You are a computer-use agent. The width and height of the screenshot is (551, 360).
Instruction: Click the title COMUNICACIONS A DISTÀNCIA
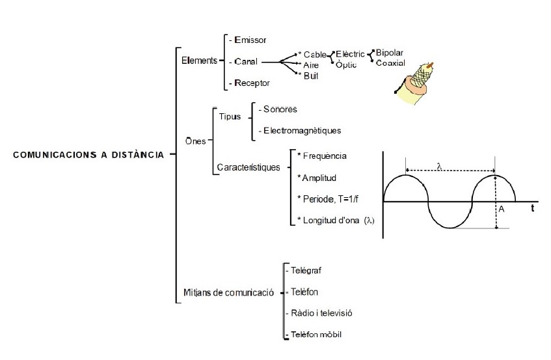[x=88, y=155]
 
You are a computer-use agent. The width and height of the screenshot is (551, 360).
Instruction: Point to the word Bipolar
[x=390, y=51]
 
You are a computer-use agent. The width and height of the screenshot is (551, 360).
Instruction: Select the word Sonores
[x=282, y=109]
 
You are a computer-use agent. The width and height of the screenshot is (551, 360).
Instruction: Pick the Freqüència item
[x=323, y=156]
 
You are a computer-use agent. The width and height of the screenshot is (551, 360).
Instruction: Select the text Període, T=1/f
[x=330, y=199]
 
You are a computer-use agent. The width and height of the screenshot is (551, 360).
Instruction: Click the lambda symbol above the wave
[x=439, y=167]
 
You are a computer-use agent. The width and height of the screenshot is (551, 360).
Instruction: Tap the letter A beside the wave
[x=502, y=209]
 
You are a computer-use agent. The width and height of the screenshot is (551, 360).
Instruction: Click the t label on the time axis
[x=532, y=209]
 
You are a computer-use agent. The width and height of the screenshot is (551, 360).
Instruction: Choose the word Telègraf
[x=307, y=270]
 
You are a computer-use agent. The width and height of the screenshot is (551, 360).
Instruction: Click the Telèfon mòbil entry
[x=316, y=334]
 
